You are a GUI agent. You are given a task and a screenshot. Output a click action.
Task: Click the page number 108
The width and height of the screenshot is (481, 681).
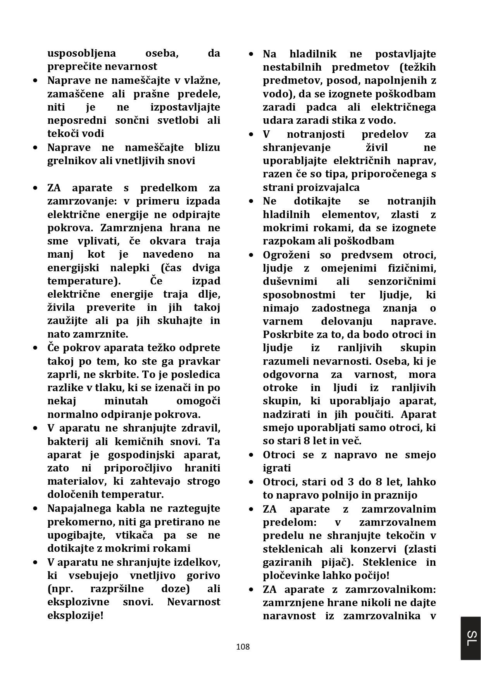pyautogui.click(x=243, y=646)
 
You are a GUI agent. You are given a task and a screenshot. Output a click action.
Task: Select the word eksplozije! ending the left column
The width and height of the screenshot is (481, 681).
pyautogui.click(x=75, y=615)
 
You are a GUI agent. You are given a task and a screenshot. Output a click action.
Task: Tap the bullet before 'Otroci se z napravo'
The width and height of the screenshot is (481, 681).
pyautogui.click(x=252, y=455)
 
